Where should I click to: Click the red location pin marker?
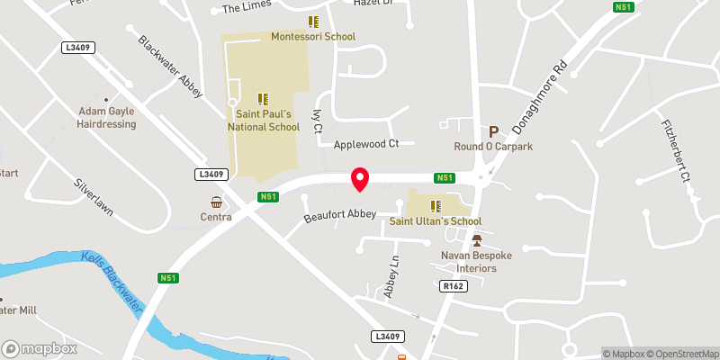pos(360,179)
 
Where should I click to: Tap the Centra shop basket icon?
pos(216,202)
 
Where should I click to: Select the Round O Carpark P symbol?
pos(493,131)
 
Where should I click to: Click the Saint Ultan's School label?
pos(435,221)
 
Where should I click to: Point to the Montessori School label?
pos(313,37)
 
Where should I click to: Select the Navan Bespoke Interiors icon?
pos(477,240)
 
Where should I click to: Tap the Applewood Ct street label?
pos(365,144)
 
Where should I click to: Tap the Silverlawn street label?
pos(94,194)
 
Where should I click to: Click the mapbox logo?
pos(39,348)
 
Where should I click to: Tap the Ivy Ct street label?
pos(317,121)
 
